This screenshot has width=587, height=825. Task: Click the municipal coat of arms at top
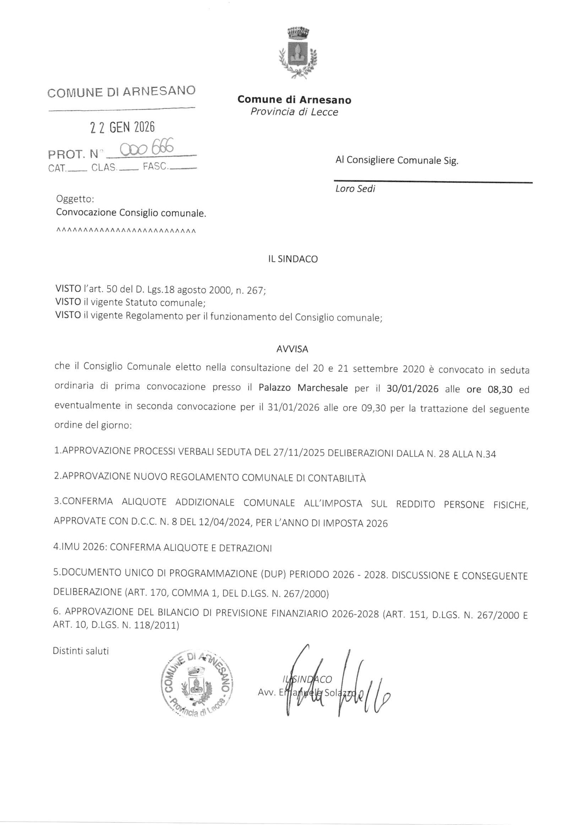click(x=298, y=52)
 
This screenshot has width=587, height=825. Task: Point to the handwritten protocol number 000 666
click(x=147, y=148)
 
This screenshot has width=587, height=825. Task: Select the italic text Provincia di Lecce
click(x=294, y=112)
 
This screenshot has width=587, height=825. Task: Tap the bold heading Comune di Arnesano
click(x=294, y=100)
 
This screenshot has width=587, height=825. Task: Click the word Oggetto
click(x=75, y=199)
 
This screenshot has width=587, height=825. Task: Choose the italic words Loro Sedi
click(x=355, y=189)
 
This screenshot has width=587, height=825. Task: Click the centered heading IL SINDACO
click(x=293, y=259)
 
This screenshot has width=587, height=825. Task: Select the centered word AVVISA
click(x=292, y=349)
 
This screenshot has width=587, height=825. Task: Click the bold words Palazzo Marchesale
click(x=303, y=388)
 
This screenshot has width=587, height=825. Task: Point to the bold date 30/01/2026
click(x=412, y=389)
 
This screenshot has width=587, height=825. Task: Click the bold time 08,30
click(x=500, y=390)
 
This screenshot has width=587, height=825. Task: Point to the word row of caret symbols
click(x=126, y=231)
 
